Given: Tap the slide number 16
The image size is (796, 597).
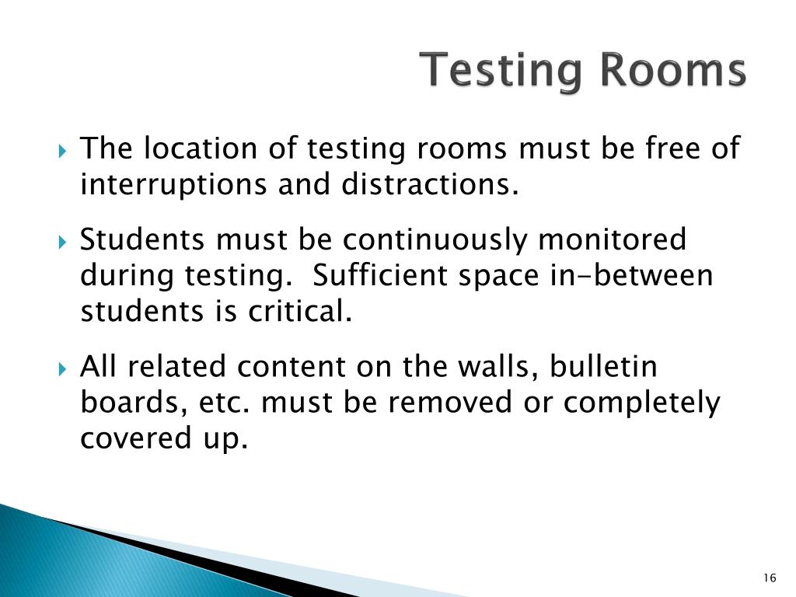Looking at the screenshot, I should point(770,577).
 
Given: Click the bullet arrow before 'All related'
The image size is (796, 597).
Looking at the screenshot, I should point(64,368).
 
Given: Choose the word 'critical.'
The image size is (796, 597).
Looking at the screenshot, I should point(300,312).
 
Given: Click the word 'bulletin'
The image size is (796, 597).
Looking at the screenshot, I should point(603,366).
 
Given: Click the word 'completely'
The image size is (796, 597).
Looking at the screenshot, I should point(642,404).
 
